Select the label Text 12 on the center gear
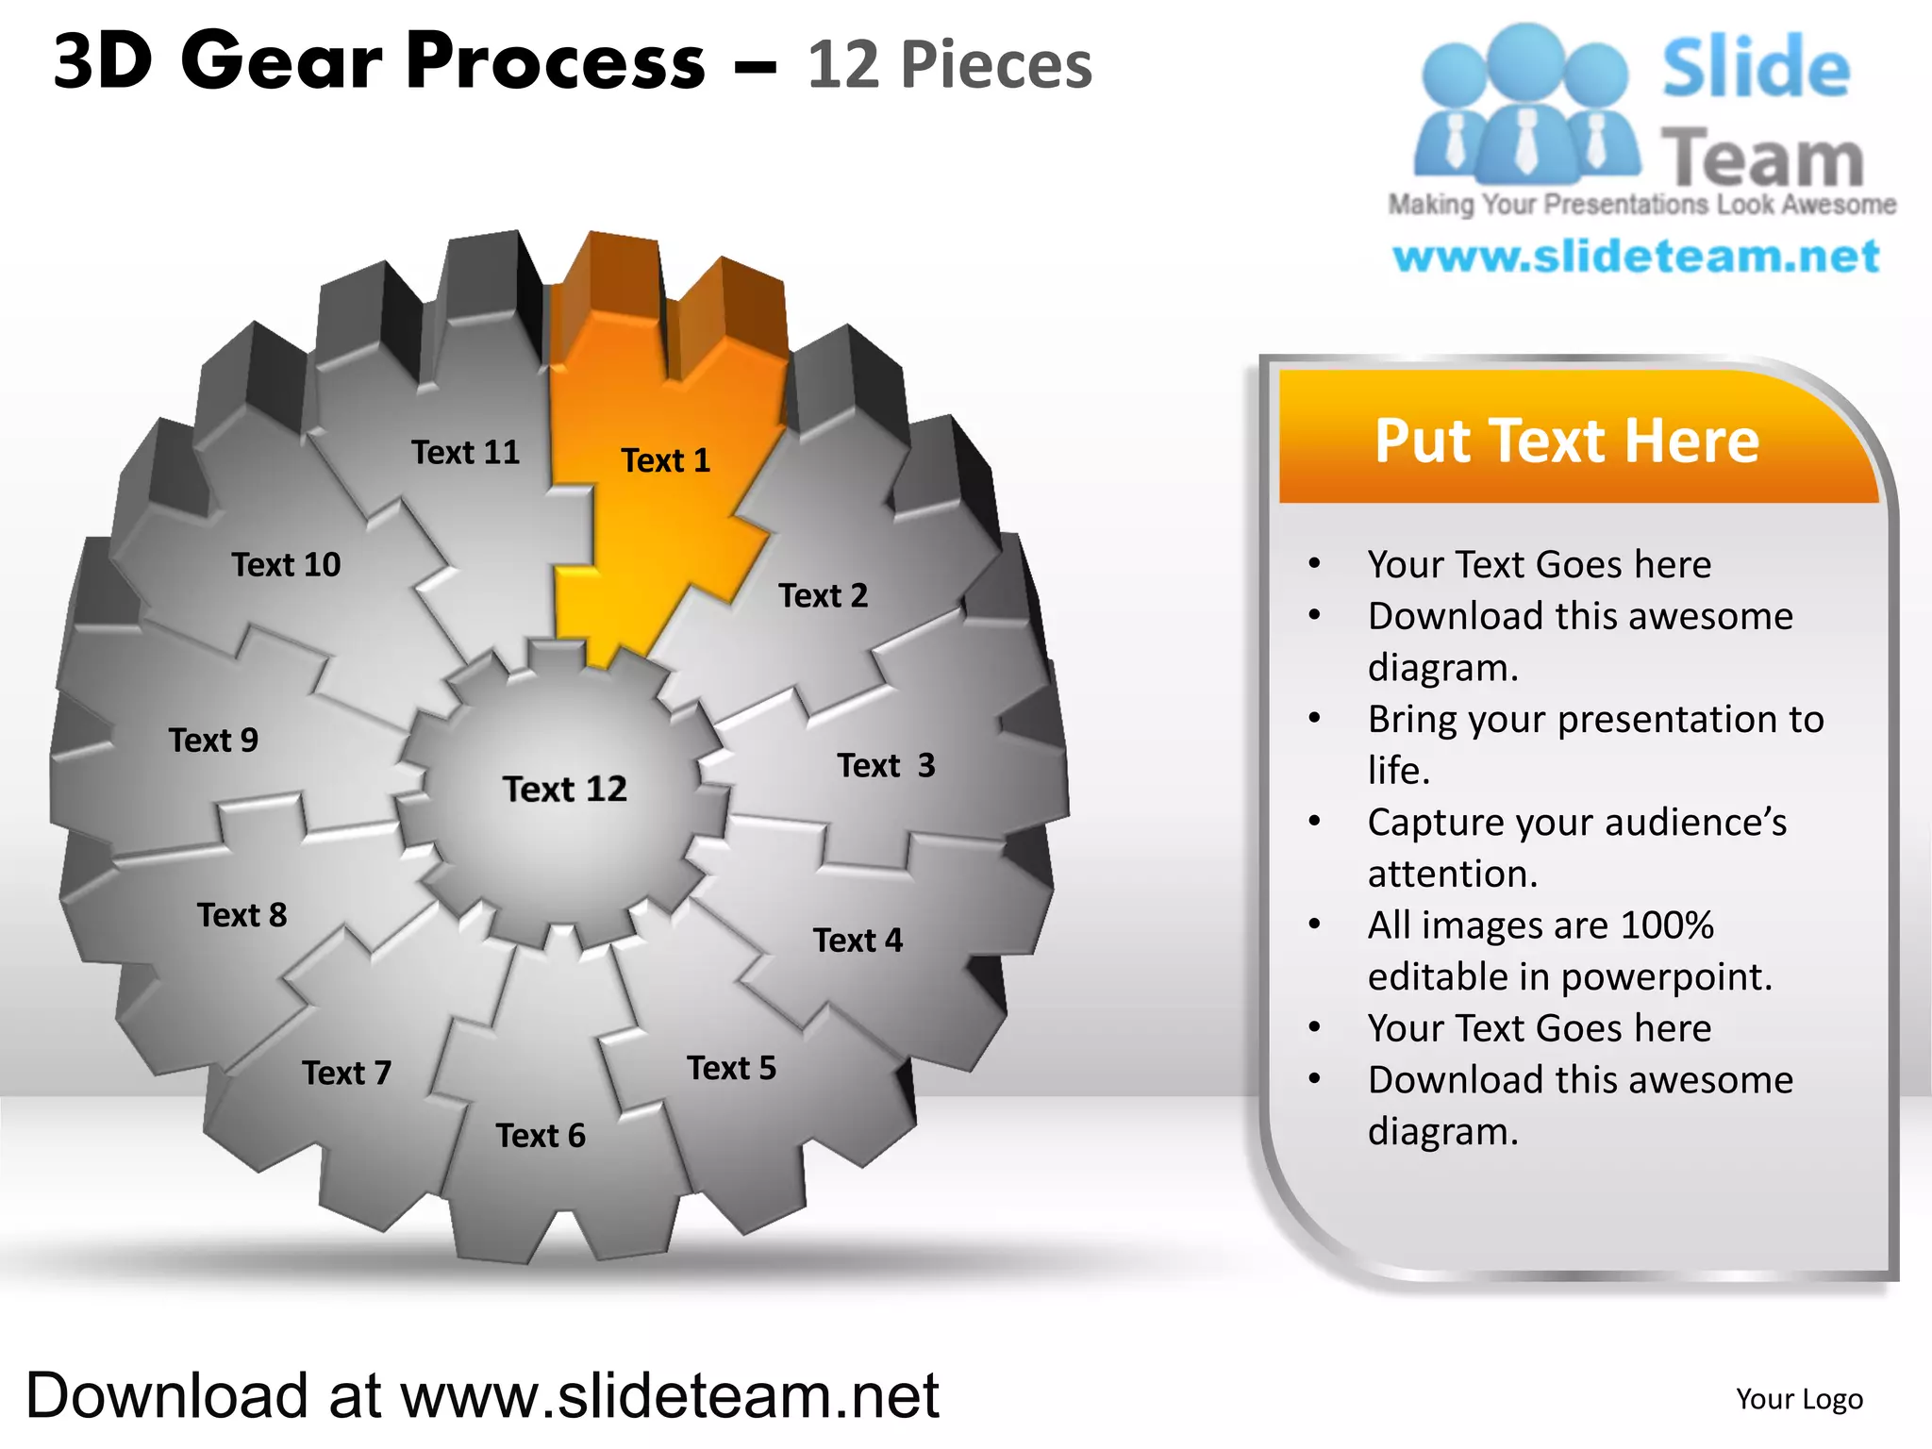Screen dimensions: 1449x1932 pyautogui.click(x=564, y=789)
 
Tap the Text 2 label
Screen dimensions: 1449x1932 pyautogui.click(x=823, y=595)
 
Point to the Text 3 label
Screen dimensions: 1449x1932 pyautogui.click(x=886, y=765)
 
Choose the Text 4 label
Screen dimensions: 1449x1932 pyautogui.click(x=858, y=940)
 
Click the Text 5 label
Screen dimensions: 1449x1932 pyautogui.click(x=731, y=1068)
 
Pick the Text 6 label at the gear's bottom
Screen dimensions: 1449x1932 pyautogui.click(x=541, y=1135)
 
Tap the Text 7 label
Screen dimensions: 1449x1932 pyautogui.click(x=346, y=1073)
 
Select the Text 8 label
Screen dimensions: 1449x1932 pyautogui.click(x=241, y=914)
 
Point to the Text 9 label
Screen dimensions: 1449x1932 pyautogui.click(x=213, y=740)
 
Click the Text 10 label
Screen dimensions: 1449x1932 pyautogui.click(x=286, y=564)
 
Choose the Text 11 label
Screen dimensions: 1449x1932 pyautogui.click(x=465, y=452)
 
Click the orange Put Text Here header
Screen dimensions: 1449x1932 pyautogui.click(x=1567, y=440)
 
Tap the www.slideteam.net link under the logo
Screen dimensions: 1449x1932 pyautogui.click(x=1636, y=257)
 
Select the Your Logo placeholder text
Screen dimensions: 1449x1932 pyautogui.click(x=1799, y=1398)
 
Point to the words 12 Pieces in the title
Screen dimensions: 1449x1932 pyautogui.click(x=949, y=65)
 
